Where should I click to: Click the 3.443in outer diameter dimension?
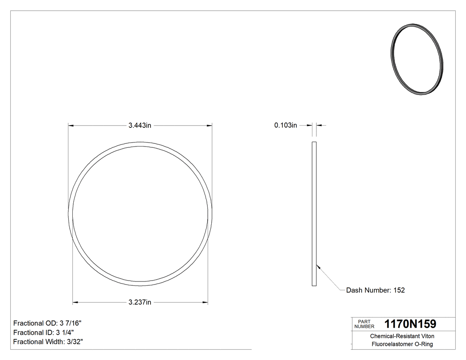[140, 126]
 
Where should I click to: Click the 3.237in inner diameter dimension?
[140, 303]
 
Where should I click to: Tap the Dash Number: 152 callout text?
[375, 290]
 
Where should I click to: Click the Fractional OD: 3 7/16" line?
[47, 323]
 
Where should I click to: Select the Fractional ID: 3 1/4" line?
[43, 332]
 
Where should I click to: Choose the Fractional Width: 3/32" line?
[48, 342]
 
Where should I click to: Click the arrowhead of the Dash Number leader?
[318, 266]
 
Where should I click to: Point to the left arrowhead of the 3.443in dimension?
[70, 126]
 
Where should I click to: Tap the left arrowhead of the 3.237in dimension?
[75, 303]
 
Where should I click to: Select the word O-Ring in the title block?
[424, 344]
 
